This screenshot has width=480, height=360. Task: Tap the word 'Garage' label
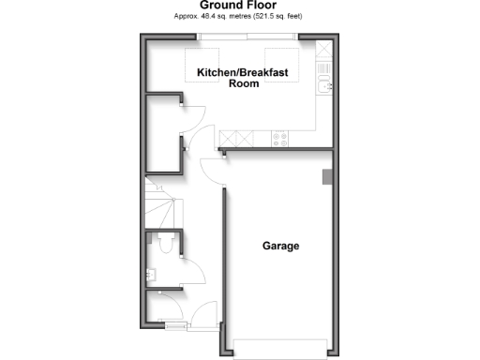pos(280,247)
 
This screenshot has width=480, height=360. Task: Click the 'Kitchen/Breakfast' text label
pos(242,72)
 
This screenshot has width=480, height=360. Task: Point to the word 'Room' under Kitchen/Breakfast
pos(244,83)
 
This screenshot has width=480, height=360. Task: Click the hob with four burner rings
pos(278,139)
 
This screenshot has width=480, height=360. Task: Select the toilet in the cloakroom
pos(165,245)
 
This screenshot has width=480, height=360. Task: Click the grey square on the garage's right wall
pos(326,176)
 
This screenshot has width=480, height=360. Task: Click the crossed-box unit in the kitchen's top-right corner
pos(324,49)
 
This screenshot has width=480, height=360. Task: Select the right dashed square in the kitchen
pos(279,61)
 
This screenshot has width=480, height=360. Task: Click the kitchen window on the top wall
pos(248,37)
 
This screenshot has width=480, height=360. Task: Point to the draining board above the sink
pos(324,68)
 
